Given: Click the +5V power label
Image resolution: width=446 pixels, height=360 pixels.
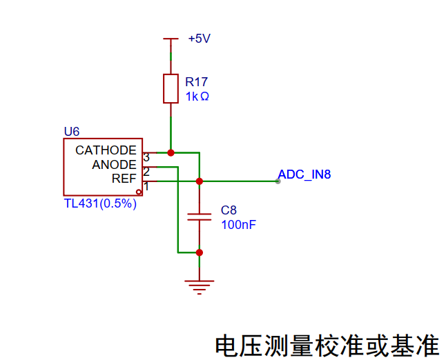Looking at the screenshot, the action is (x=200, y=39).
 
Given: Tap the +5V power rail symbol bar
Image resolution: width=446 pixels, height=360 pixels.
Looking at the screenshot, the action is (x=171, y=39).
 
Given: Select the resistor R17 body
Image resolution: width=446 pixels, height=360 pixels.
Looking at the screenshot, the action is (x=171, y=89).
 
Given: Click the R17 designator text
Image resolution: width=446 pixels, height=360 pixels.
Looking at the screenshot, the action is (x=197, y=82).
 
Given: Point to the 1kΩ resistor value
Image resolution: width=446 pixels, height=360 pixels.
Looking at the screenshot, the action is (x=197, y=97).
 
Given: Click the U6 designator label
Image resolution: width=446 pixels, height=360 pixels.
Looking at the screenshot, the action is (x=72, y=132).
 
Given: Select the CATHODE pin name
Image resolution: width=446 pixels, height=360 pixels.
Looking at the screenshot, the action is (x=106, y=150).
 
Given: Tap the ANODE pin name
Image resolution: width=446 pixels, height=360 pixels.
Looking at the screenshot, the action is (x=115, y=165).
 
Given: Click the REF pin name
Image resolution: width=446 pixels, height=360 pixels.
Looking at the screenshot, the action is (x=124, y=179).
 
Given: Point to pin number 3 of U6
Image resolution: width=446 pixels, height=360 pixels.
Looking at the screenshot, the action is (x=146, y=157).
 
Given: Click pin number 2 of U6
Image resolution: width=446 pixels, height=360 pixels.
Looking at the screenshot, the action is (x=146, y=172).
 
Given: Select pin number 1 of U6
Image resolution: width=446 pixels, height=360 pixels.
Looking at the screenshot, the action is (x=146, y=186).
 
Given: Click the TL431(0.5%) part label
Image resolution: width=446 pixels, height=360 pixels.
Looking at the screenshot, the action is (x=100, y=203).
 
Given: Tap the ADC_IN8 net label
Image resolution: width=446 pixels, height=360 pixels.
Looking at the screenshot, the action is (x=304, y=174).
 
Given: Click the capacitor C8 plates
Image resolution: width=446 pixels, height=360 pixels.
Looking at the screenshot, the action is (x=200, y=217).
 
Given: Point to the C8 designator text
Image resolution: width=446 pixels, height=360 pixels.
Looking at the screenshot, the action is (x=229, y=210).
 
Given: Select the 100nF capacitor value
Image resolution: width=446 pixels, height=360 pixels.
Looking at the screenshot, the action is (x=239, y=225).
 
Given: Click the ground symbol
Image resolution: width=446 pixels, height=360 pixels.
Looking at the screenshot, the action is (x=200, y=288).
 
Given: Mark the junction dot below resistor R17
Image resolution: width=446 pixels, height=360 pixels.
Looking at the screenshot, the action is (x=171, y=153).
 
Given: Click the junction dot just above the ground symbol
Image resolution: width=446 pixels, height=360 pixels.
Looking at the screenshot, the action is (x=200, y=252).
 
